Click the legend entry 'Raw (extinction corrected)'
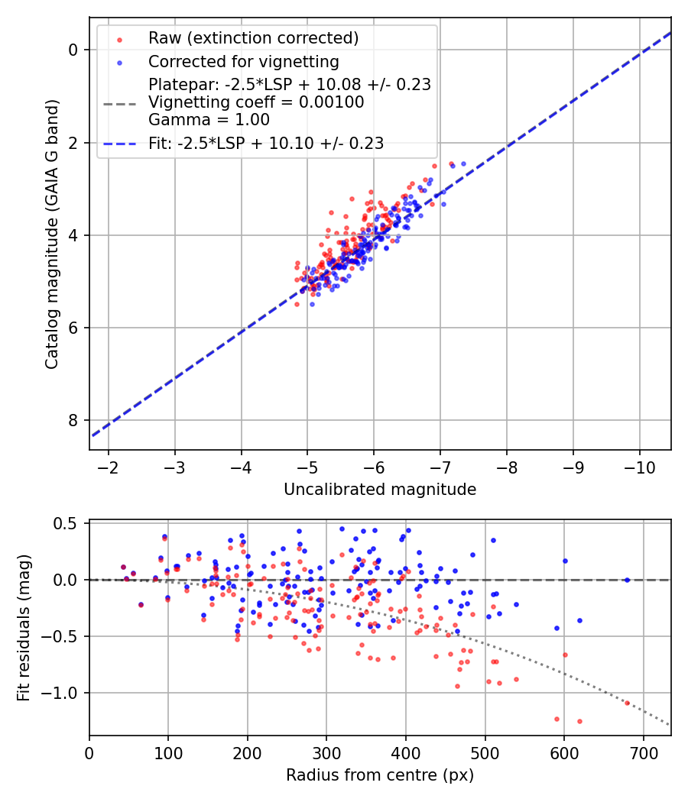point(253,38)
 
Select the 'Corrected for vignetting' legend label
point(244,61)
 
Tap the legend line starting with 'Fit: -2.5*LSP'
point(266,143)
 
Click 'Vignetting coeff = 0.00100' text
point(256,102)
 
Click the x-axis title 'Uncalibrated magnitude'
point(380,490)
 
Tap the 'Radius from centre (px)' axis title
point(380,775)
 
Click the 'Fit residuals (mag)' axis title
point(24,628)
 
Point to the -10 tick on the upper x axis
point(639,467)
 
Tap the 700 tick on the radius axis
point(643,753)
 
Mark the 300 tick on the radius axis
point(326,753)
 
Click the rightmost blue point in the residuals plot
point(627,580)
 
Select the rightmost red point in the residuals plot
point(627,703)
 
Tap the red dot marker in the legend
point(119,38)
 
